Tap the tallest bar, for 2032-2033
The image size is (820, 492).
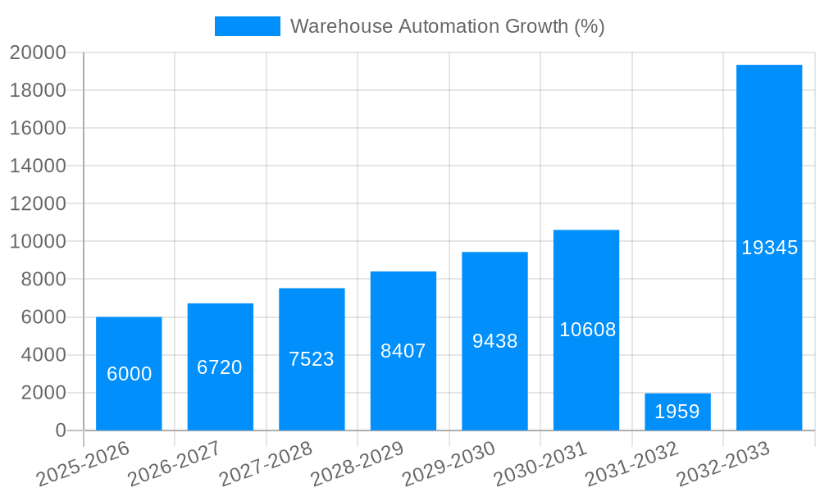tap(768, 164)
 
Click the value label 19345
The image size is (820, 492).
tap(769, 248)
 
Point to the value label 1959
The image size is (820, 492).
tap(677, 412)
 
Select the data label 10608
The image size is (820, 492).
tap(587, 330)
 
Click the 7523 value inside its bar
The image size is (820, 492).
tap(312, 359)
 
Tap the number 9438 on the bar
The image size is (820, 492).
tap(494, 341)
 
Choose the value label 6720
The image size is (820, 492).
tap(220, 367)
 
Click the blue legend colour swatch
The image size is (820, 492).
tap(247, 26)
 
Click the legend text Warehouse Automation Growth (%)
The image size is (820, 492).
tap(447, 26)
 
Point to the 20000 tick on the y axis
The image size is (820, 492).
tap(38, 53)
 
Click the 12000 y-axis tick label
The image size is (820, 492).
tap(38, 204)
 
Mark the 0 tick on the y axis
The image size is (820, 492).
tap(61, 430)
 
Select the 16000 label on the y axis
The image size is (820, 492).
tap(38, 129)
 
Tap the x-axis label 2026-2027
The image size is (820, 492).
tap(174, 463)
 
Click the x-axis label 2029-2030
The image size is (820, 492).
tap(449, 463)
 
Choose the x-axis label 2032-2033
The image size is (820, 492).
tap(722, 463)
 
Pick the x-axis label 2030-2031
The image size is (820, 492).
tap(540, 463)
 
